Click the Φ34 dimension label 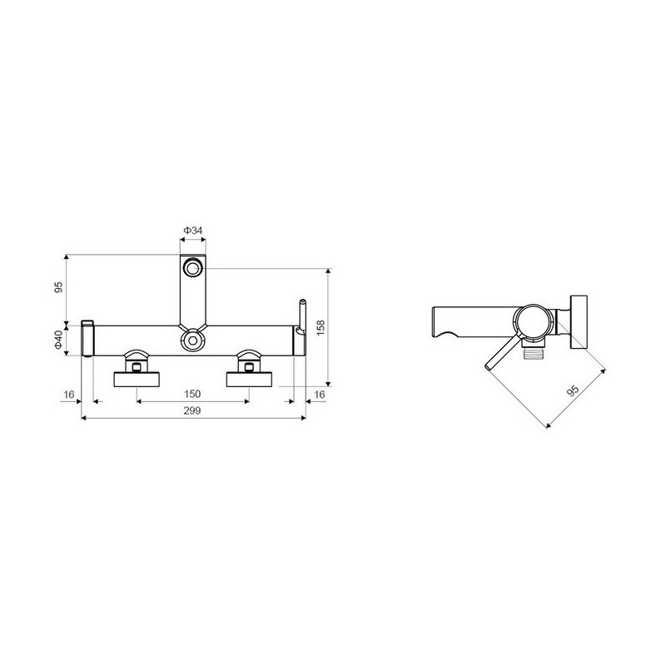(x=193, y=231)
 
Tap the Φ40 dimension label (x=58, y=340)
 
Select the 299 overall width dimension (x=192, y=410)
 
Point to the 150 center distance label (x=192, y=394)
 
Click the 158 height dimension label (x=321, y=327)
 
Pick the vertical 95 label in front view (x=58, y=287)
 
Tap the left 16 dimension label (x=68, y=395)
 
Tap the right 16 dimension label (x=319, y=395)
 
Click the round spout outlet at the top (x=192, y=268)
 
